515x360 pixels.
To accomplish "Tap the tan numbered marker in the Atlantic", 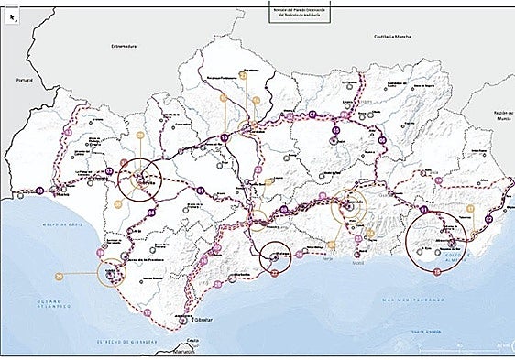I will click(x=59, y=275).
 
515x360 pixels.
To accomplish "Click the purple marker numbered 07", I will click(x=312, y=115).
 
